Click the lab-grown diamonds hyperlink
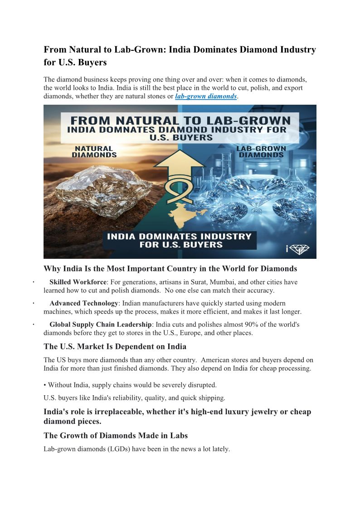click(x=206, y=97)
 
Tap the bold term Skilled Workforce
click(x=78, y=282)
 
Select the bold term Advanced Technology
click(x=84, y=303)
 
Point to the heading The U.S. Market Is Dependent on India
click(x=115, y=347)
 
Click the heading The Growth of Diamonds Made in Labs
click(x=116, y=436)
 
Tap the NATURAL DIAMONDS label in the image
click(x=94, y=151)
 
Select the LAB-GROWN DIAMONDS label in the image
click(x=261, y=151)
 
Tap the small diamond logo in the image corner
click(x=300, y=249)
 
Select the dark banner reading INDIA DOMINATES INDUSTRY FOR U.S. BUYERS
click(x=179, y=240)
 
